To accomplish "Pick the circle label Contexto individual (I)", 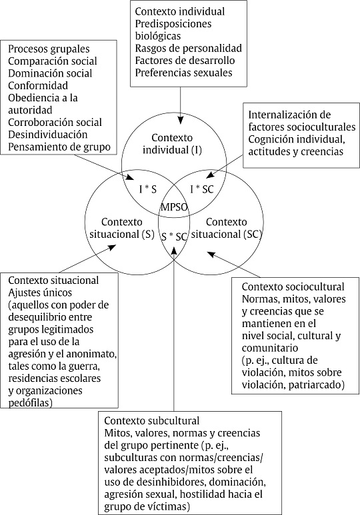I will tap(173, 145).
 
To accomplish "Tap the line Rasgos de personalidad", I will tap(187, 48).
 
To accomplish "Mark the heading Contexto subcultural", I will tap(151, 421).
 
